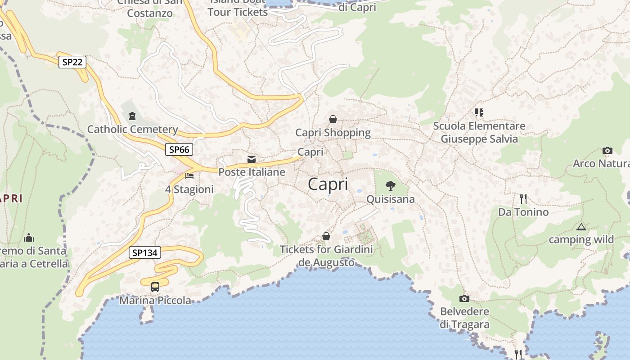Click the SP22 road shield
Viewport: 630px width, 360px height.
click(x=72, y=62)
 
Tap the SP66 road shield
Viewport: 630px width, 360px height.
click(x=179, y=149)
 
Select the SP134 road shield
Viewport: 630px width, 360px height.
click(x=145, y=253)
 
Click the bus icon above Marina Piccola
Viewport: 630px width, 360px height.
click(x=155, y=287)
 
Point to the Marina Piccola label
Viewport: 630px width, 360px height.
click(x=155, y=300)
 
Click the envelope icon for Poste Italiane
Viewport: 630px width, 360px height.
click(x=252, y=159)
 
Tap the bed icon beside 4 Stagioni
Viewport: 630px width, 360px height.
click(x=189, y=175)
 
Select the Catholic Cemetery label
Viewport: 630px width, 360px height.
click(x=133, y=130)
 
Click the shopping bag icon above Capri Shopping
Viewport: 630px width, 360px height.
click(x=333, y=119)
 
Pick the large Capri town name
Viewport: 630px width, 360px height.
click(x=328, y=184)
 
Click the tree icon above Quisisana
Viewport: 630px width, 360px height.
click(x=391, y=185)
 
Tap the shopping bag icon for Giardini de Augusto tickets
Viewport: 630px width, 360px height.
click(x=326, y=236)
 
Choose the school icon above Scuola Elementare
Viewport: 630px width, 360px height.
click(x=479, y=112)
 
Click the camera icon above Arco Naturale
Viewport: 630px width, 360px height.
click(x=607, y=151)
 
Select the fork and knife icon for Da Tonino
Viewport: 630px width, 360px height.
click(x=523, y=198)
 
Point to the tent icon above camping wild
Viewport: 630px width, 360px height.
click(x=581, y=227)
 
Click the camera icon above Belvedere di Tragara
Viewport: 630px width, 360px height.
click(x=464, y=298)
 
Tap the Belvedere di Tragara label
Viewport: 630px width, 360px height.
click(x=465, y=318)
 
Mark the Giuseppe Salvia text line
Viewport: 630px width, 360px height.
click(x=479, y=139)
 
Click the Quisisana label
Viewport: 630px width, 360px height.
click(x=391, y=199)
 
